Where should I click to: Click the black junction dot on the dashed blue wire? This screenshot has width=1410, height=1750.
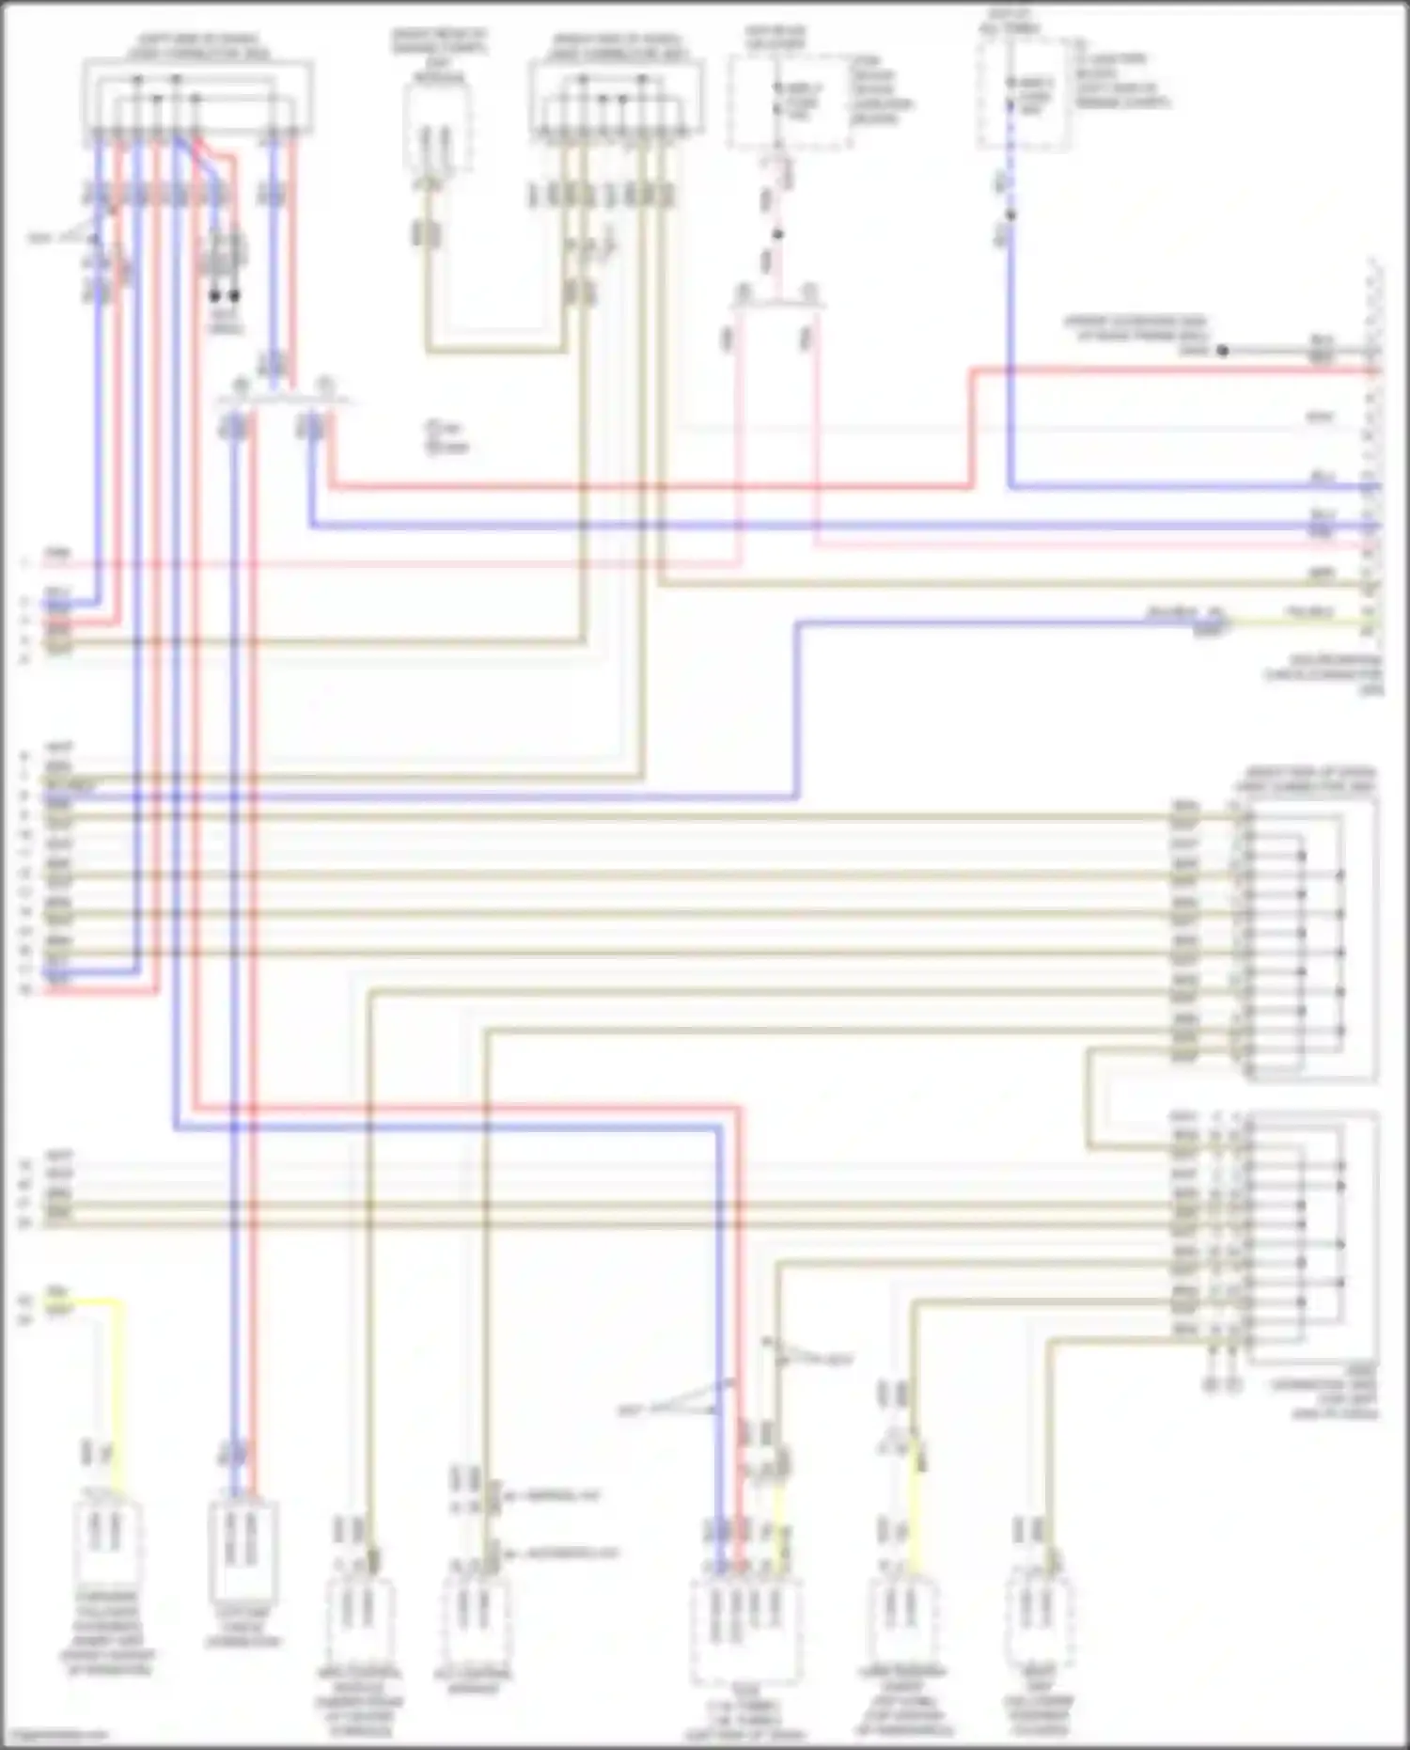(1010, 215)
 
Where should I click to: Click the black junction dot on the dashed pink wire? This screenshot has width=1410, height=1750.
(777, 234)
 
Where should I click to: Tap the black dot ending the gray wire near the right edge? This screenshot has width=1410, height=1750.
(1222, 351)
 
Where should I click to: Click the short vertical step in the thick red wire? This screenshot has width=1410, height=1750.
(972, 429)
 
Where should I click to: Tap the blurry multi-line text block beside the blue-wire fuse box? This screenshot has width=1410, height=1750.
(1120, 79)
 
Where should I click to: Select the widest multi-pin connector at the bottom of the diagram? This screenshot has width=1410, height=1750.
(746, 1632)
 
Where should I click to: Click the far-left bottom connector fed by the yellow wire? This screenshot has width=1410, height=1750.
(105, 1542)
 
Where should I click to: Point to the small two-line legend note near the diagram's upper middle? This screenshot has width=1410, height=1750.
(447, 437)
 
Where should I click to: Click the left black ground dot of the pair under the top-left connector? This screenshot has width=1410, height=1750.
(215, 295)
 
